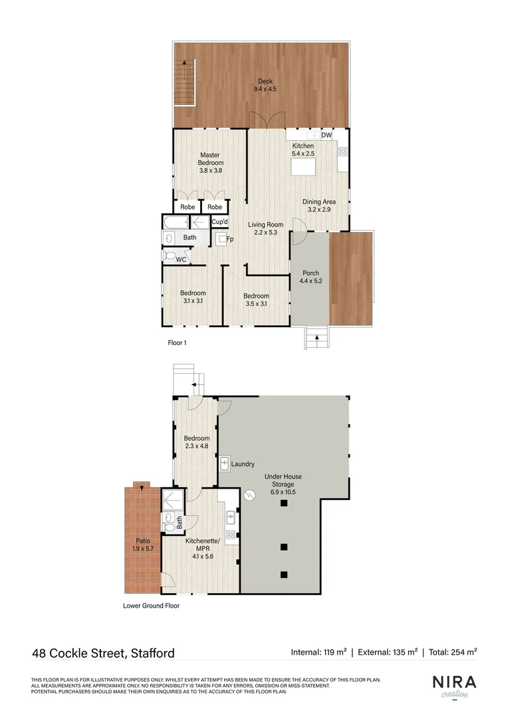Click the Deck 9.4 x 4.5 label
pyautogui.click(x=265, y=85)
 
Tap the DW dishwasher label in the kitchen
pyautogui.click(x=326, y=136)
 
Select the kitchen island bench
pyautogui.click(x=303, y=166)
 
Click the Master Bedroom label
pyautogui.click(x=210, y=163)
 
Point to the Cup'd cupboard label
pyautogui.click(x=220, y=222)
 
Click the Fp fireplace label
pyautogui.click(x=230, y=239)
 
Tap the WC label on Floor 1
pyautogui.click(x=181, y=259)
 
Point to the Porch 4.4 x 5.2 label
pyautogui.click(x=311, y=277)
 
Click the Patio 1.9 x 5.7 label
pyautogui.click(x=143, y=545)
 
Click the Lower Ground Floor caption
pyautogui.click(x=151, y=606)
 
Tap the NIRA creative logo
pyautogui.click(x=455, y=686)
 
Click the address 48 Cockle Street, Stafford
pyautogui.click(x=103, y=653)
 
